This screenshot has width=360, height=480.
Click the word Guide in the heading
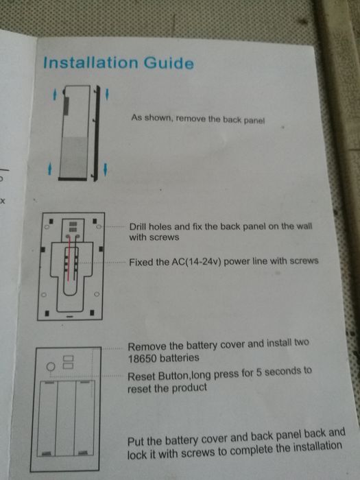pyautogui.click(x=169, y=63)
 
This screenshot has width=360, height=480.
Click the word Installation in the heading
pyautogui.click(x=91, y=62)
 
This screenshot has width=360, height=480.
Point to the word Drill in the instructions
pyautogui.click(x=137, y=226)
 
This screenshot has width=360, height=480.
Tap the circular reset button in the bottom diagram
pyautogui.click(x=51, y=366)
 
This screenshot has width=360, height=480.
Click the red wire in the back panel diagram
pyautogui.click(x=69, y=258)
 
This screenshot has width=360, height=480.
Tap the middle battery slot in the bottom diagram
pyautogui.click(x=66, y=418)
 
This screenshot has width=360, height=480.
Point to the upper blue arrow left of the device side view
pyautogui.click(x=54, y=95)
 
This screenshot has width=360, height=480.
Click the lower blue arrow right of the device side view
pyautogui.click(x=106, y=169)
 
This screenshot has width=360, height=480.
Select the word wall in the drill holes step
pyautogui.click(x=304, y=226)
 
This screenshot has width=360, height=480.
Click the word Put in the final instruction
pyautogui.click(x=136, y=442)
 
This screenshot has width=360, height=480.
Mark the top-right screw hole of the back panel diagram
pyautogui.click(x=99, y=227)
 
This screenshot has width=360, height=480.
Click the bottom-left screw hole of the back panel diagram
pyautogui.click(x=44, y=295)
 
